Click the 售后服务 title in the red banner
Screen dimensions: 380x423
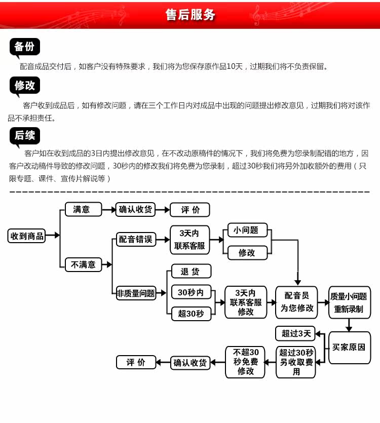click(190, 15)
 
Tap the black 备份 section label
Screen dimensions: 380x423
click(24, 47)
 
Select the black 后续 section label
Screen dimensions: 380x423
click(24, 135)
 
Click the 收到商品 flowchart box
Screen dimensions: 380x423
click(27, 236)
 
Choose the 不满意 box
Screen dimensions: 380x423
click(83, 264)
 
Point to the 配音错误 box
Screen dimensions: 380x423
click(136, 240)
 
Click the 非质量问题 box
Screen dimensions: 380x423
click(136, 293)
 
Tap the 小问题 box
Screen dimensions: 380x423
click(246, 230)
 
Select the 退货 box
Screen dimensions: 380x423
click(191, 272)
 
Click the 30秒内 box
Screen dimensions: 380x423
click(191, 292)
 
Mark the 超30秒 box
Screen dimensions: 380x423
click(191, 314)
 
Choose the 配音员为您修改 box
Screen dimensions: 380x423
click(297, 302)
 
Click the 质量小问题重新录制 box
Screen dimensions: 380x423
click(349, 302)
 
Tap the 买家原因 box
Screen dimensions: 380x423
click(349, 348)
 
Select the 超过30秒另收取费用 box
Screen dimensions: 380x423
click(296, 362)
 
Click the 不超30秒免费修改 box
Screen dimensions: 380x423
click(245, 362)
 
